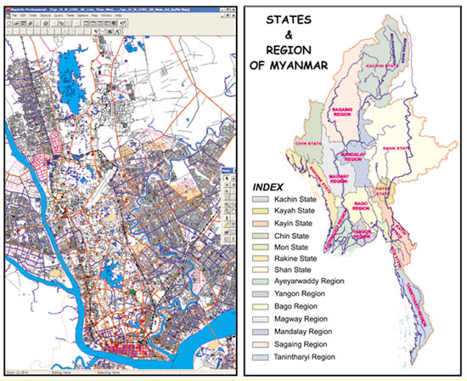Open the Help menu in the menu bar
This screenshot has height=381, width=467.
pos(119,16)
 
